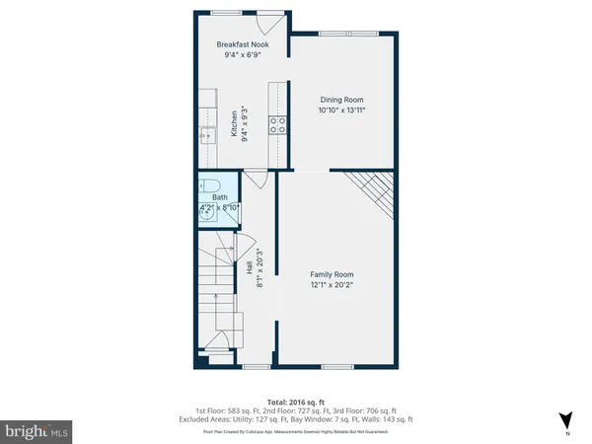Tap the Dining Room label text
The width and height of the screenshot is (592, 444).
(342, 99)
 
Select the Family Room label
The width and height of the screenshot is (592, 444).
(333, 274)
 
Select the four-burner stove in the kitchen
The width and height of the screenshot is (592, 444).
(279, 124)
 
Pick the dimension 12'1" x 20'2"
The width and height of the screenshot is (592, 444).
(333, 286)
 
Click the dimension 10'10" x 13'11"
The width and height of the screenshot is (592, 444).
(342, 111)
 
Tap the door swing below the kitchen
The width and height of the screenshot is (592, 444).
(255, 179)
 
